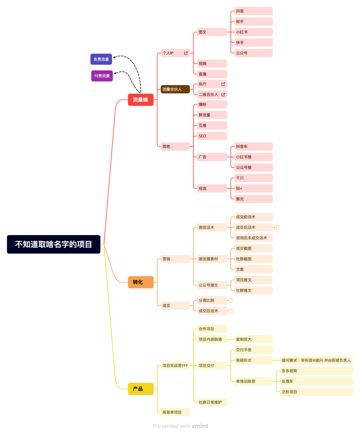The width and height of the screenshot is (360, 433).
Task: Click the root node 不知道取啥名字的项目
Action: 53,244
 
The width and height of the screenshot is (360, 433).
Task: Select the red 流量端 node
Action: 140,100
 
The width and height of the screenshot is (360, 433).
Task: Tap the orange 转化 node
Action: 140,282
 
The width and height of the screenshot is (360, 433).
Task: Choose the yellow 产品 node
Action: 140,389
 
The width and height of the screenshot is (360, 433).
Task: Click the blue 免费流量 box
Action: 101,59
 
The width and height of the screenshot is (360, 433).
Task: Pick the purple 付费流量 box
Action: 102,76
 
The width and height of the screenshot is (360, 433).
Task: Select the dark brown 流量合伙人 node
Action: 175,89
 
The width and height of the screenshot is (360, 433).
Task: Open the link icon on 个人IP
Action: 186,53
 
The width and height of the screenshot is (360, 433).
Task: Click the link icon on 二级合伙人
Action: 223,95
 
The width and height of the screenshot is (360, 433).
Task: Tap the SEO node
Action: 212,136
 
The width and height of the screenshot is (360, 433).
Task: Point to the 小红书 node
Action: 253,32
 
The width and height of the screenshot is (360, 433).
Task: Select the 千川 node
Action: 253,178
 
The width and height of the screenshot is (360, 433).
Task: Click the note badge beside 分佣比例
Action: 231,300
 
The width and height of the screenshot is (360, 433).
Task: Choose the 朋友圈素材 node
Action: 212,259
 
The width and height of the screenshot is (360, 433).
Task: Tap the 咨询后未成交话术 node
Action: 253,238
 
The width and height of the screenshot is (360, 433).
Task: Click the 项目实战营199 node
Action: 175,366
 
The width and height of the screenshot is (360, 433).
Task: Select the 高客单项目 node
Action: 175,412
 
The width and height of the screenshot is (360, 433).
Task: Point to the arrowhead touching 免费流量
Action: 114,58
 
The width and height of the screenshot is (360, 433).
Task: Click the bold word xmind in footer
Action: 200,426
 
